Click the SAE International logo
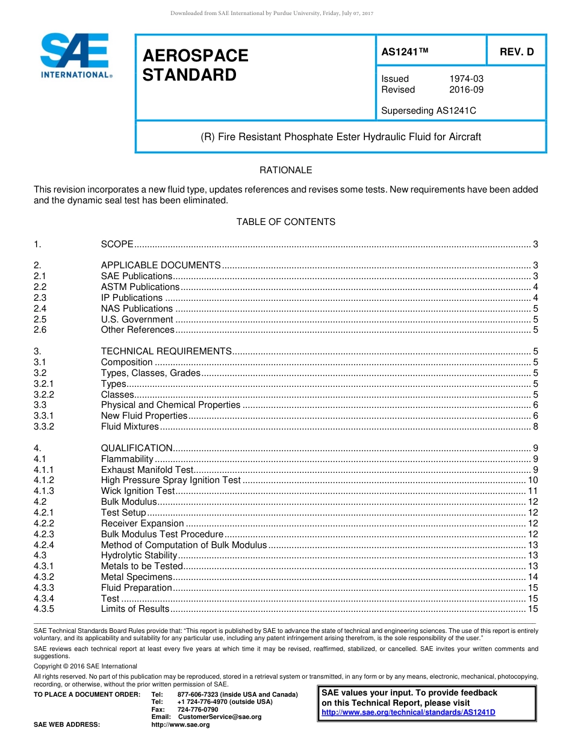pyautogui.click(x=75, y=55)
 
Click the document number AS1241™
pyautogui.click(x=405, y=52)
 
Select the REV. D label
pyautogui.click(x=517, y=52)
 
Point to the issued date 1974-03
pyautogui.click(x=466, y=79)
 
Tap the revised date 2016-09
pyautogui.click(x=466, y=90)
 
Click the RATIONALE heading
pyautogui.click(x=285, y=170)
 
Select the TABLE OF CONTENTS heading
pyautogui.click(x=285, y=222)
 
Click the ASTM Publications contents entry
pyautogui.click(x=140, y=287)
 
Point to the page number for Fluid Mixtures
pyautogui.click(x=535, y=427)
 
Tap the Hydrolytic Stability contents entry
pyautogui.click(x=139, y=555)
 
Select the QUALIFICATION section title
pyautogui.click(x=137, y=448)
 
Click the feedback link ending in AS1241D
pyautogui.click(x=408, y=712)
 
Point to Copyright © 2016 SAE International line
pyautogui.click(x=85, y=666)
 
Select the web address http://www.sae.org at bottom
pyautogui.click(x=181, y=724)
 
